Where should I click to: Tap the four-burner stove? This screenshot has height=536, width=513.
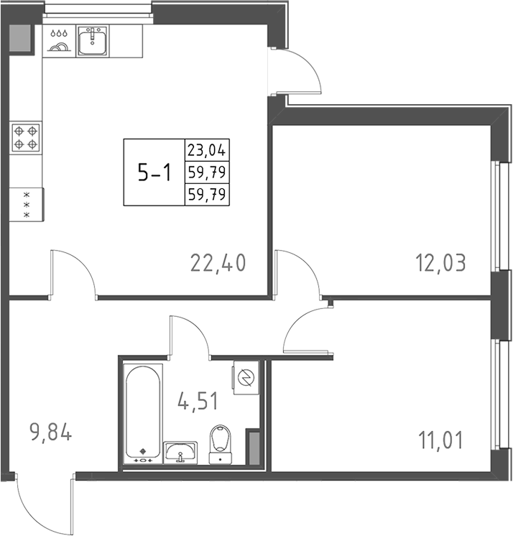(x=26, y=137)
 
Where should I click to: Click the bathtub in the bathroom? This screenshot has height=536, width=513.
(x=144, y=412)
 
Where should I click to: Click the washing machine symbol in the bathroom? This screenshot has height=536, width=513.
(x=245, y=377)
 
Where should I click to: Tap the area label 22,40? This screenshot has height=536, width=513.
(x=218, y=264)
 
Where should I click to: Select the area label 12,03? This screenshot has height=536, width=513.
(x=440, y=263)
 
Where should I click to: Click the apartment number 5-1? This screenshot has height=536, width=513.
(x=154, y=172)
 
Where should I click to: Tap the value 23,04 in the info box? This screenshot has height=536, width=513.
(x=206, y=151)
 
